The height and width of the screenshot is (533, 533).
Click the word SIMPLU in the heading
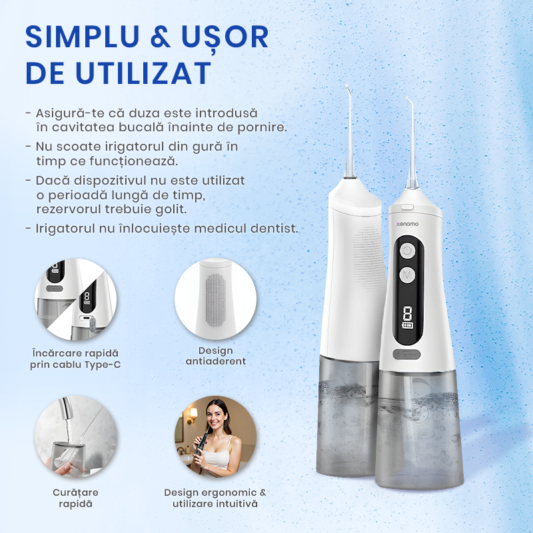82,37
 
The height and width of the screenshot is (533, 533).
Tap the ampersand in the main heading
160,37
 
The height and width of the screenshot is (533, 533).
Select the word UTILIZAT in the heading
143,73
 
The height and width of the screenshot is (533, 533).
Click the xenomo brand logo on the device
407,224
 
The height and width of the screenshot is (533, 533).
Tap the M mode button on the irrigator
407,274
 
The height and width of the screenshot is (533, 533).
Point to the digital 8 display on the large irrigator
407,313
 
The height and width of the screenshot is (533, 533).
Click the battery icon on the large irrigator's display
408,325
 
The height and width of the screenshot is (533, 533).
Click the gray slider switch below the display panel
406,354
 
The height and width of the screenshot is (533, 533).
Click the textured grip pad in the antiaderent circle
215,300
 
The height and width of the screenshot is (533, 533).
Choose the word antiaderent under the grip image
215,361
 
